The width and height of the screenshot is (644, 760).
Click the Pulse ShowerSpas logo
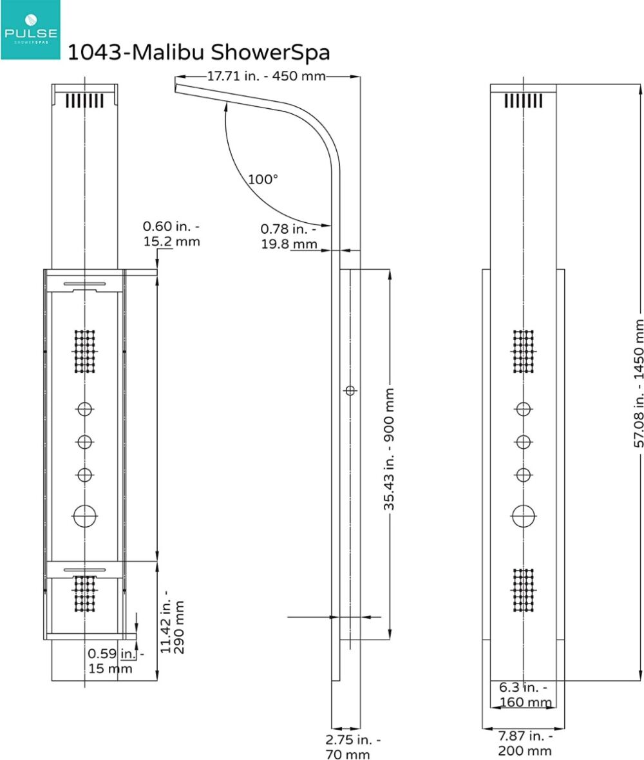[30, 30]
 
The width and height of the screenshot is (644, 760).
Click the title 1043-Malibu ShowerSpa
[198, 52]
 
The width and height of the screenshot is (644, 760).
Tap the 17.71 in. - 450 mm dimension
[266, 76]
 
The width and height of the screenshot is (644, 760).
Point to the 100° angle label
[263, 179]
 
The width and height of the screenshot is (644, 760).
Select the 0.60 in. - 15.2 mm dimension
[171, 234]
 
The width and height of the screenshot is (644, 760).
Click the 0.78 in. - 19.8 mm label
[289, 236]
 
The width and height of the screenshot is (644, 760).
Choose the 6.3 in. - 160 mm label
[525, 694]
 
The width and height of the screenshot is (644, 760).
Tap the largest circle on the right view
[524, 515]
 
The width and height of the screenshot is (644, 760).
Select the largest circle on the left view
[85, 517]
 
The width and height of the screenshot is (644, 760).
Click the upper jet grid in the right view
[524, 352]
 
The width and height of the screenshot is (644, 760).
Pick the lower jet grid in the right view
[524, 590]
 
